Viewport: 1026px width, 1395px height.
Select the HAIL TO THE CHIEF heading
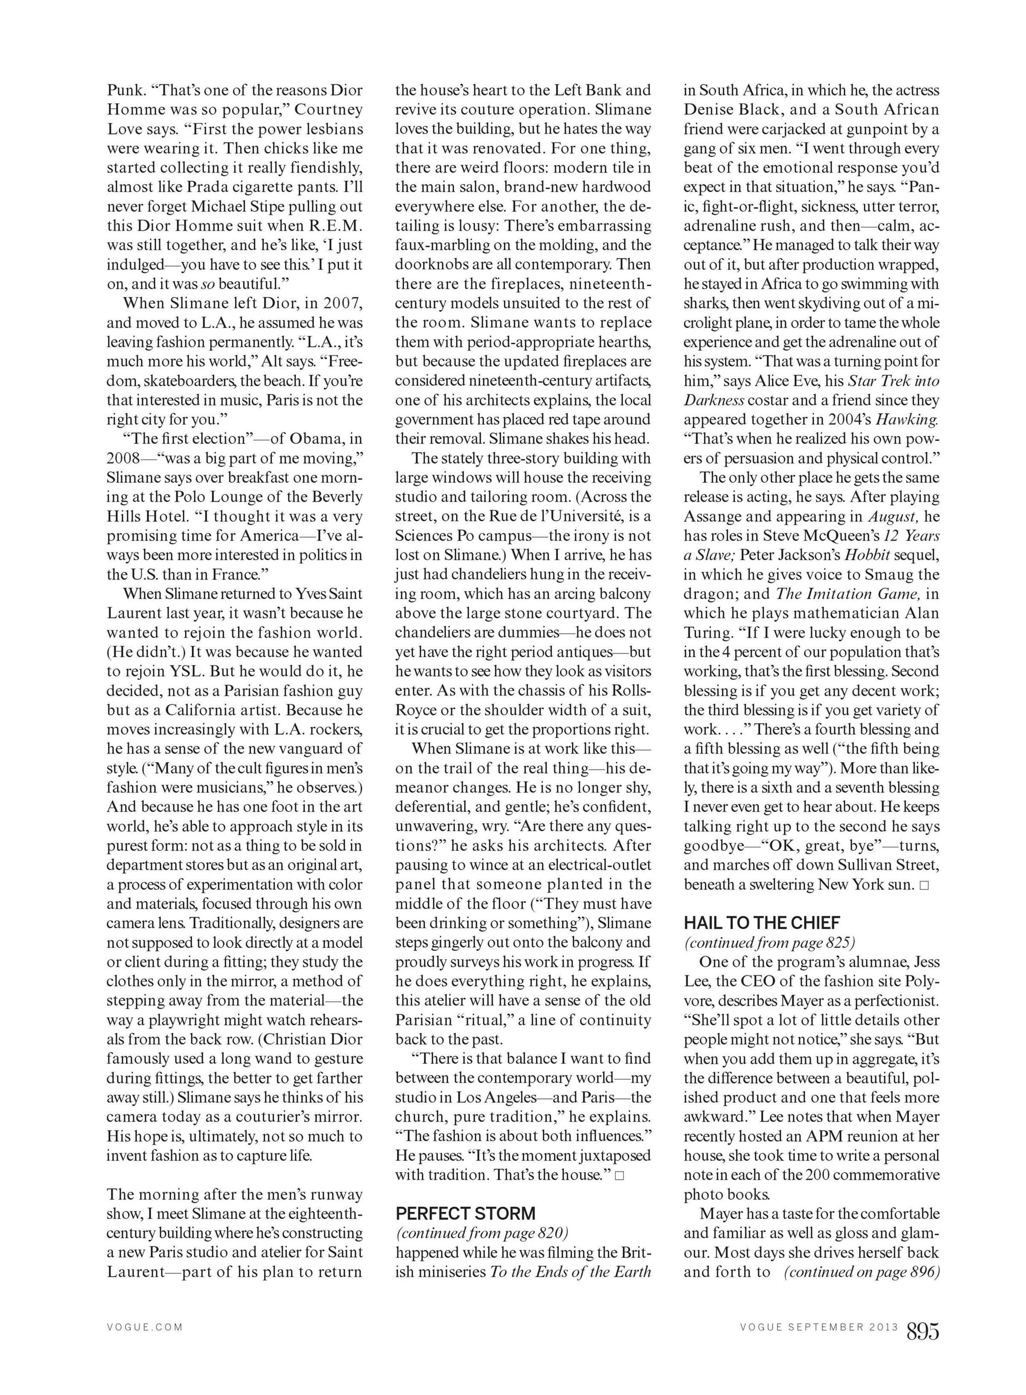762,922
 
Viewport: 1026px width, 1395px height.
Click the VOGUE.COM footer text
145,1327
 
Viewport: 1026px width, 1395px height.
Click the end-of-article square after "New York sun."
924,885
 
